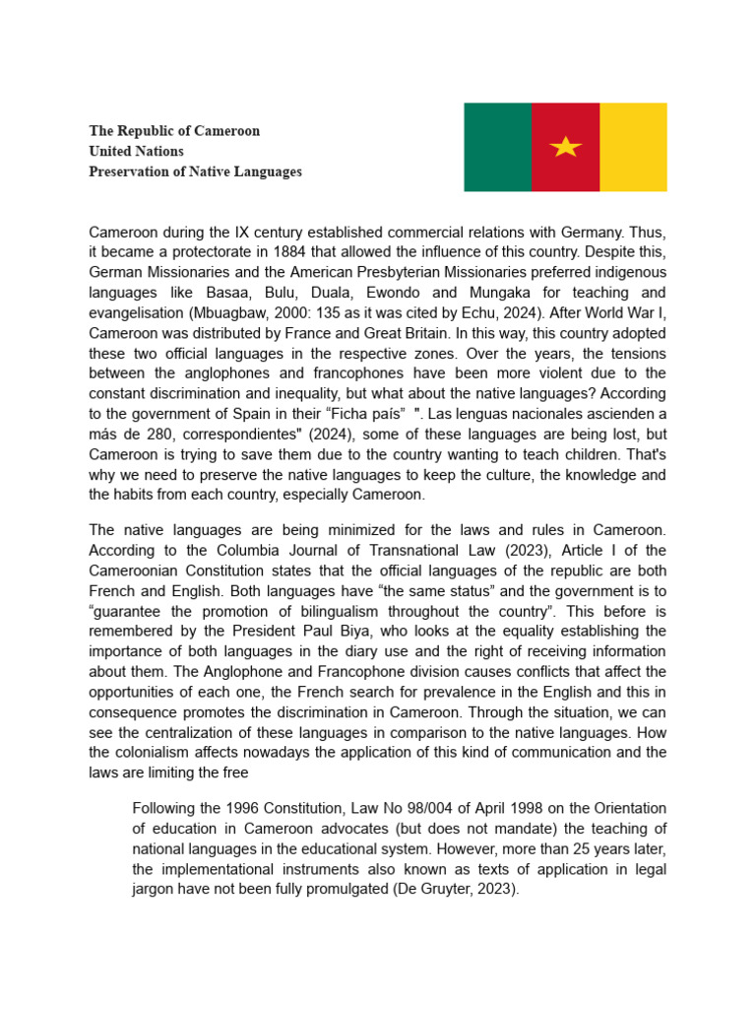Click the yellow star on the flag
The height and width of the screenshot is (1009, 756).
coord(565,147)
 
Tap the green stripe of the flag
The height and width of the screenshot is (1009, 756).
coord(497,147)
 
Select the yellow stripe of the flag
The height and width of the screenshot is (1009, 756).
coord(633,147)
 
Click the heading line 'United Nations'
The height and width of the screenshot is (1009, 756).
coord(136,151)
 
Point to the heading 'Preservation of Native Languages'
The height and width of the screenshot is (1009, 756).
coord(195,171)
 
